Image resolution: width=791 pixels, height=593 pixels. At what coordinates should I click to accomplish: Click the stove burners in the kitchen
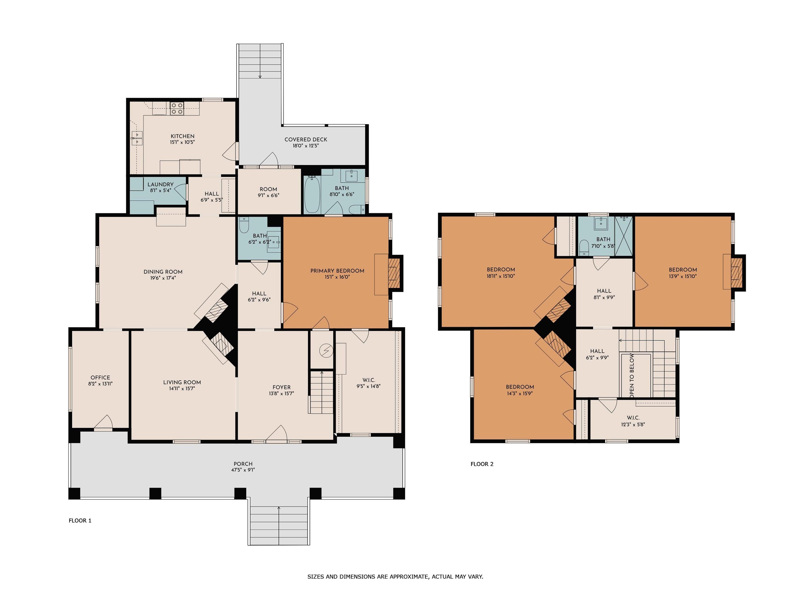click(177, 108)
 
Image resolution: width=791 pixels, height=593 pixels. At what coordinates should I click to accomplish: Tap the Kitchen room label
click(182, 136)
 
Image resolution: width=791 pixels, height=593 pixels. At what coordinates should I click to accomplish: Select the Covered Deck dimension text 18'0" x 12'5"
click(306, 146)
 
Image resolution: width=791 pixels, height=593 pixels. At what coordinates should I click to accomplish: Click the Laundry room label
click(161, 185)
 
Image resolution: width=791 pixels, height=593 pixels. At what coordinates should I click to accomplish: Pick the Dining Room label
click(163, 272)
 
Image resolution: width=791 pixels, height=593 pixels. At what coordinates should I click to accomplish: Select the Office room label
click(100, 378)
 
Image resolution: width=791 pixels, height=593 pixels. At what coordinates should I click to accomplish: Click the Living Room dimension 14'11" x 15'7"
click(182, 389)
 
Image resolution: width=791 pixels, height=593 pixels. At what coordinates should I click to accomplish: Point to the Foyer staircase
click(322, 392)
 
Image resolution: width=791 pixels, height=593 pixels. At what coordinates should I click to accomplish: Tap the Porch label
click(243, 464)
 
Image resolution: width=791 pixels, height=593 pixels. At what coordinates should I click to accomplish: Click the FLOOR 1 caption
click(80, 520)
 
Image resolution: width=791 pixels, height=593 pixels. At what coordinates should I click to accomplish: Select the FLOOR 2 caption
click(482, 464)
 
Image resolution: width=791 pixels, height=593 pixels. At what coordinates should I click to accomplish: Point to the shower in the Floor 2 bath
click(624, 236)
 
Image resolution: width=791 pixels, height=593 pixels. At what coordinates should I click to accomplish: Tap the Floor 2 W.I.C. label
click(633, 417)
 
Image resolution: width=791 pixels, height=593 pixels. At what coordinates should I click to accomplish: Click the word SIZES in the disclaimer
click(316, 576)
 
